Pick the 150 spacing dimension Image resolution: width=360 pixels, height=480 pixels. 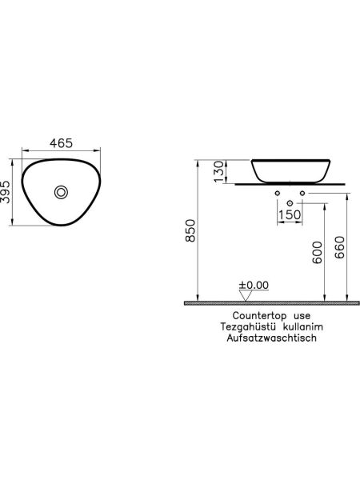pos(289,215)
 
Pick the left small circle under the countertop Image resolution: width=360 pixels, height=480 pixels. pos(275,194)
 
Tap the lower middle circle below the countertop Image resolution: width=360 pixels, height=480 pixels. pos(289,204)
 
